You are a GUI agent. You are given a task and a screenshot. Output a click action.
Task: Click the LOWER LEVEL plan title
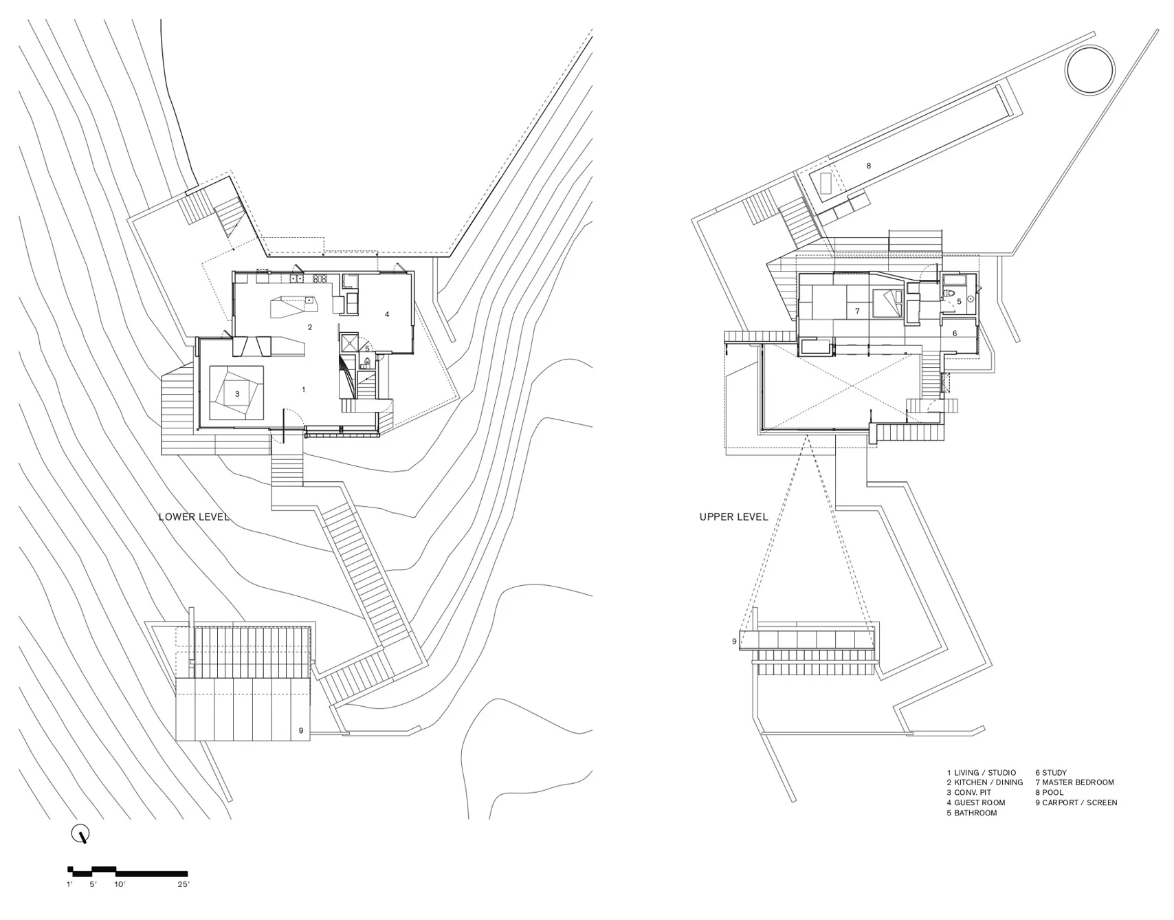[193, 516]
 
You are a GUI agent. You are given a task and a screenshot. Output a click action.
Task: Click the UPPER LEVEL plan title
[733, 516]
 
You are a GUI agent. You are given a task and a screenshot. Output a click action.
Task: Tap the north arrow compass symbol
[81, 835]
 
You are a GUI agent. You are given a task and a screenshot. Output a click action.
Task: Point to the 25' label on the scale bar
[183, 884]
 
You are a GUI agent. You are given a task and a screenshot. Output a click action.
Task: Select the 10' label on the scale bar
[120, 884]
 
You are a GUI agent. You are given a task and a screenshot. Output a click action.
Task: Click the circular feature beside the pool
[1089, 69]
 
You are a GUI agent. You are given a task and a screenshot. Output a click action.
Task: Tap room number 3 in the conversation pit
[237, 394]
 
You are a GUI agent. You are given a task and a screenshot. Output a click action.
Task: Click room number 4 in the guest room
[387, 314]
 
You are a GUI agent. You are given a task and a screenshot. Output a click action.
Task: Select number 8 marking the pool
[868, 166]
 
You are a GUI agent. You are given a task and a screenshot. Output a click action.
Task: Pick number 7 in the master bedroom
[857, 311]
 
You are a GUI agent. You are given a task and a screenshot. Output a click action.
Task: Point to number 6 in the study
[955, 333]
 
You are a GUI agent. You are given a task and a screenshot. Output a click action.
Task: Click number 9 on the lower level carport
[300, 731]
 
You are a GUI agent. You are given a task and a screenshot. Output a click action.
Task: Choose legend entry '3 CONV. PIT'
[968, 792]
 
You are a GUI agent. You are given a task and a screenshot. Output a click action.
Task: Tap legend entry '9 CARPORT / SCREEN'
[1076, 802]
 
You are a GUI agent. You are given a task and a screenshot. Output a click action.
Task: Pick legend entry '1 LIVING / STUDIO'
[981, 772]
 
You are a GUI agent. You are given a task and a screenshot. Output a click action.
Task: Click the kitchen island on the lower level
[291, 305]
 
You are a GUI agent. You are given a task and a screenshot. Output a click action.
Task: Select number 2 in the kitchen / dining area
[310, 327]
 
